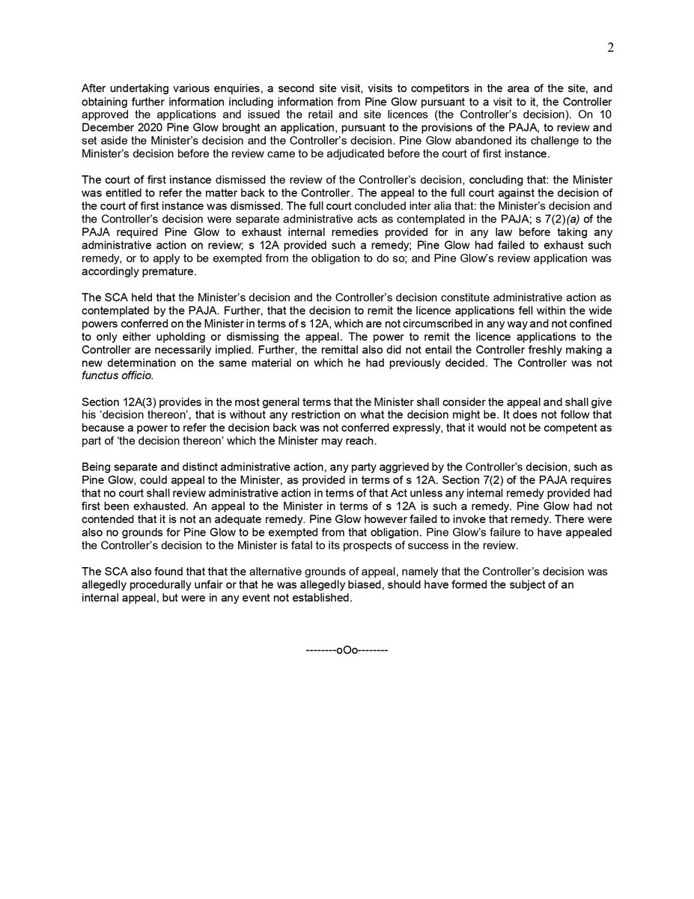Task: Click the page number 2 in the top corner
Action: [610, 48]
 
